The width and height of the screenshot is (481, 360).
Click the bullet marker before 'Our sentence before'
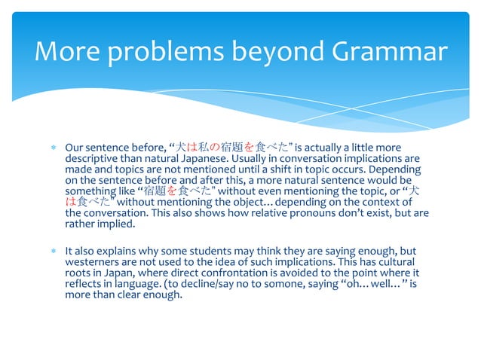(54, 148)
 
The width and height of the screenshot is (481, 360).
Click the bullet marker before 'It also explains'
(54, 251)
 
